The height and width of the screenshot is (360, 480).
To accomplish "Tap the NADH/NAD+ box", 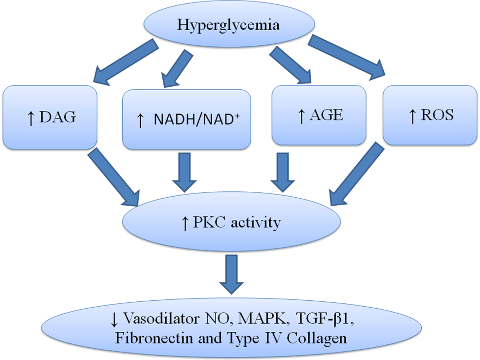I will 186,119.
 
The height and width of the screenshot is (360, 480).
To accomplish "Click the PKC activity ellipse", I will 231,223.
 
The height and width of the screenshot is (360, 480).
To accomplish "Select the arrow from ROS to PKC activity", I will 354,175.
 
